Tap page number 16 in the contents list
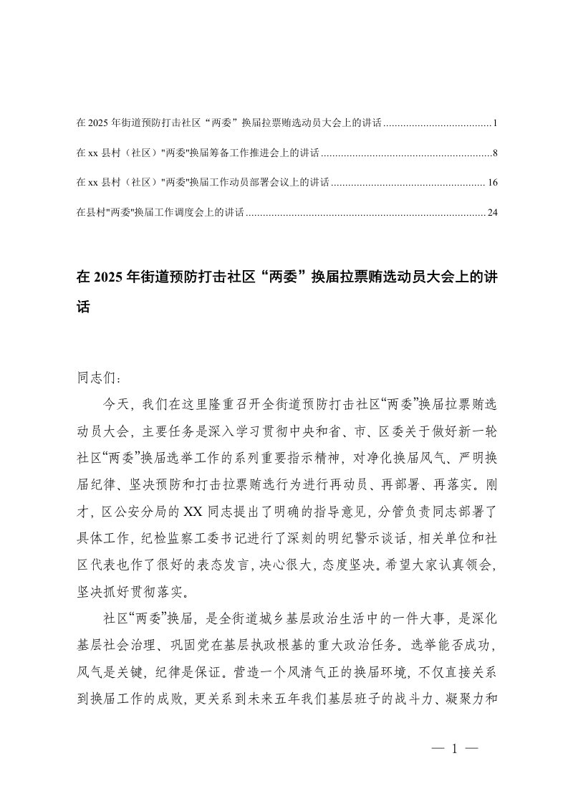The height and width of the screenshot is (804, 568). click(x=492, y=183)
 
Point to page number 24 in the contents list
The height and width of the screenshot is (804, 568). click(x=492, y=212)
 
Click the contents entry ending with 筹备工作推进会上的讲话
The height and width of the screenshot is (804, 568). click(x=197, y=153)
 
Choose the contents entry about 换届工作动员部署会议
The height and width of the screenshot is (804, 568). click(x=202, y=183)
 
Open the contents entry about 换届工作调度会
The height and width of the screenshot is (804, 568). click(x=160, y=212)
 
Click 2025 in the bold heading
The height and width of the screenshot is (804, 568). click(x=107, y=277)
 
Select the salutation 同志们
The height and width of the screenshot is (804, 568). click(x=93, y=375)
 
